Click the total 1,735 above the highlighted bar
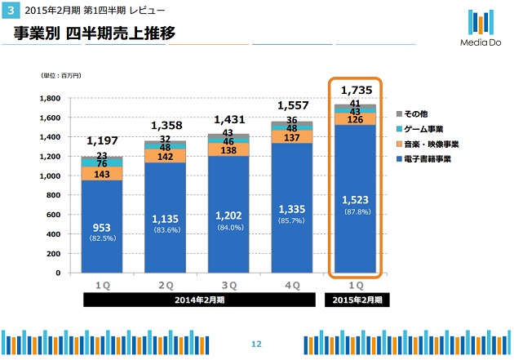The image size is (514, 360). [x=357, y=89]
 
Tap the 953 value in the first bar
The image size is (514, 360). [x=103, y=227]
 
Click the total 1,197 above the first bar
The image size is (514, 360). [x=103, y=141]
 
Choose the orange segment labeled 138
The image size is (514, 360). [x=229, y=151]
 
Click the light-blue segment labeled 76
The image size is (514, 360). [x=103, y=163]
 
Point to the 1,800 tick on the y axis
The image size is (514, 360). [x=52, y=98]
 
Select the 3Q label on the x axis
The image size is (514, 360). [x=229, y=285]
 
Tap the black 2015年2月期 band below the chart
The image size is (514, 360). [x=357, y=300]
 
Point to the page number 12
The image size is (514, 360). [x=256, y=343]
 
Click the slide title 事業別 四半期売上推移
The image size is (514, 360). [x=94, y=34]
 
